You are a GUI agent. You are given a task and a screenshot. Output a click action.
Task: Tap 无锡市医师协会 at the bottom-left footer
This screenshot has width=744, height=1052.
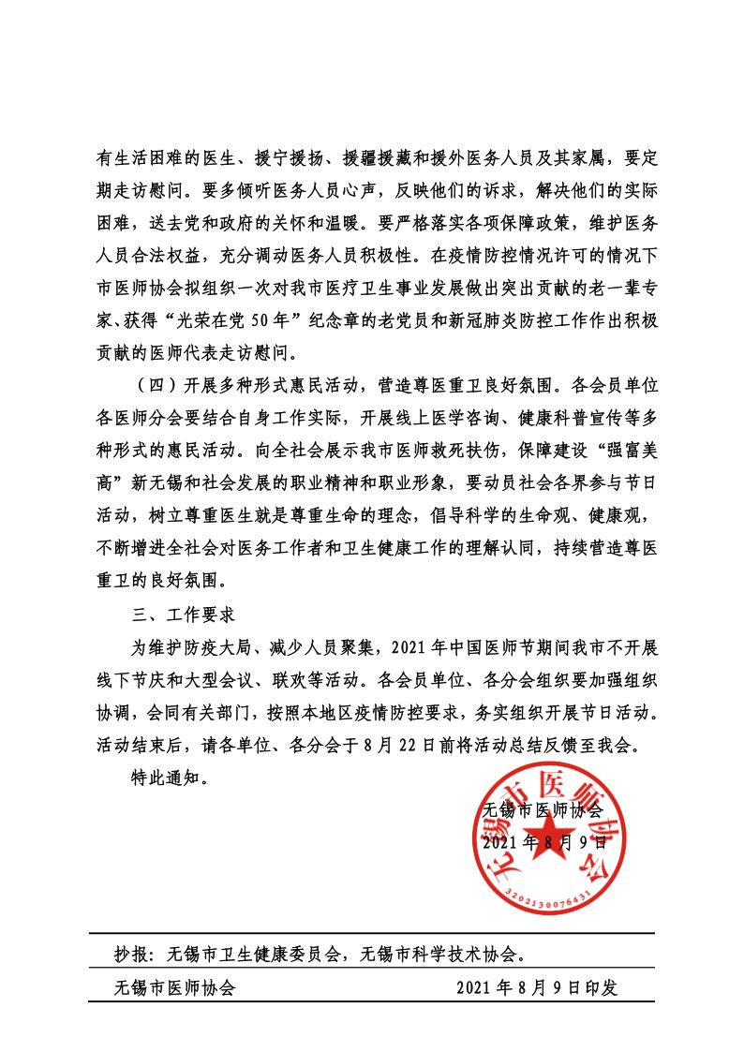[174, 987]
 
